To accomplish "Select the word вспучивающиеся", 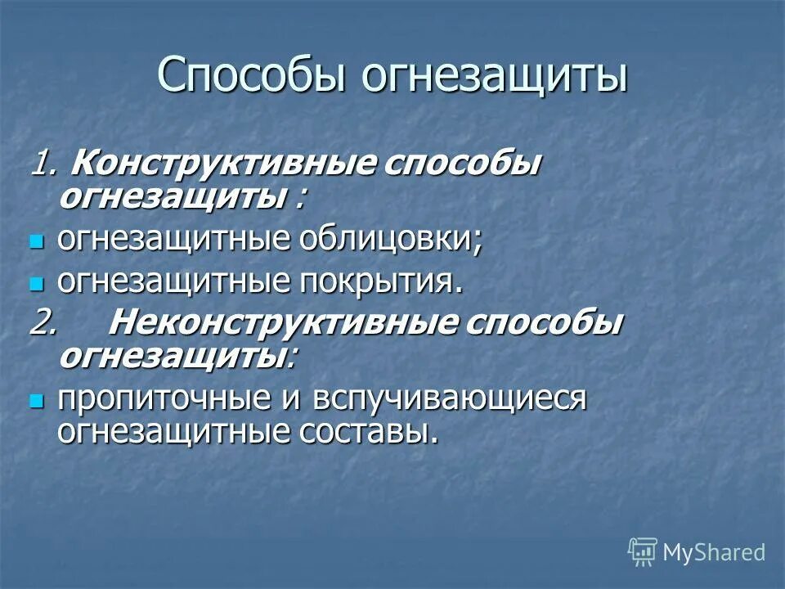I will pos(445,400).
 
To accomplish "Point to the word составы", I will pos(367,431).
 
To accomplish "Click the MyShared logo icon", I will pos(643,552).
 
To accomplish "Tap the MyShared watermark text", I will pos(714,552).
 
